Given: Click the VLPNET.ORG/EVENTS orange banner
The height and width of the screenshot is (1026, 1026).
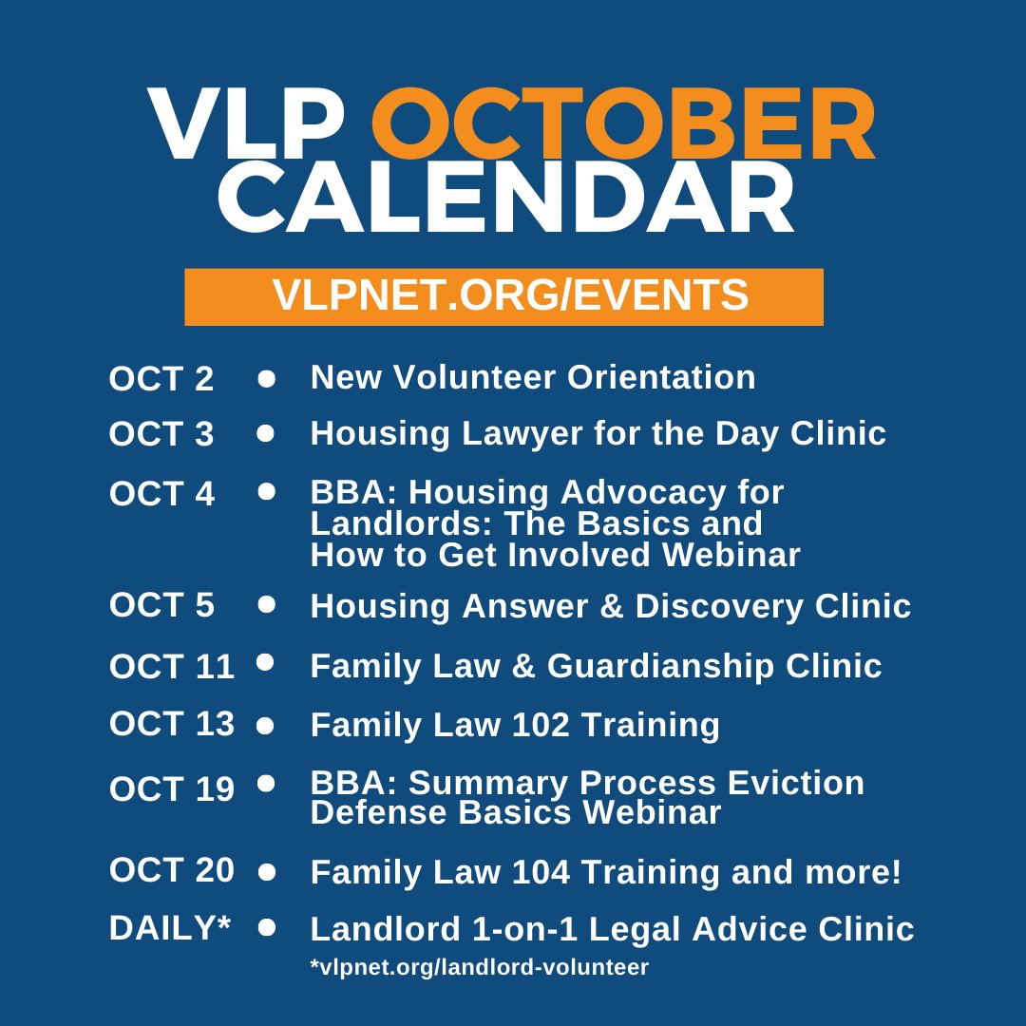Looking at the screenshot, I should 503,296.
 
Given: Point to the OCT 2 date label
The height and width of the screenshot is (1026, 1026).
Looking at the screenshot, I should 161,379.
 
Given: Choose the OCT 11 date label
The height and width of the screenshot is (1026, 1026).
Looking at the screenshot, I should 171,667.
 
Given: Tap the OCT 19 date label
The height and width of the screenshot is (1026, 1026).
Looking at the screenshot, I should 171,788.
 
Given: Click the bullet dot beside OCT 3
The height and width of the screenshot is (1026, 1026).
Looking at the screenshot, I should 266,434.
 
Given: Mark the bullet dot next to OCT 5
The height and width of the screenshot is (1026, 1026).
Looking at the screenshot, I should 266,603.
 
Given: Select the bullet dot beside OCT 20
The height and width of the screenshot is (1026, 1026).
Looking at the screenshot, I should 266,870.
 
